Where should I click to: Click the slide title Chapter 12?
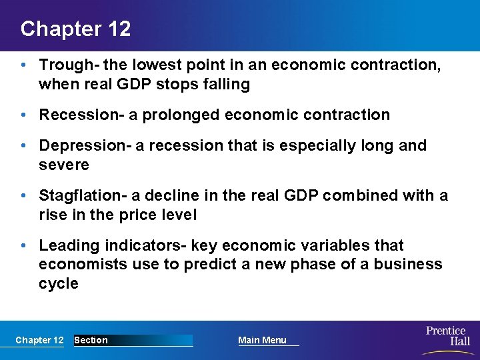pos(75,29)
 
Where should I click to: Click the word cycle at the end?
pos(59,283)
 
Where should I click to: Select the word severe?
pos(63,164)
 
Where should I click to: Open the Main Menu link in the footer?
pos(262,340)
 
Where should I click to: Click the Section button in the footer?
pos(91,340)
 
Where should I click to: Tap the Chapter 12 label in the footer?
pos(39,340)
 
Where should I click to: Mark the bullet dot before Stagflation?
pos(23,196)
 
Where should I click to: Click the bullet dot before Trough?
pos(23,66)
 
